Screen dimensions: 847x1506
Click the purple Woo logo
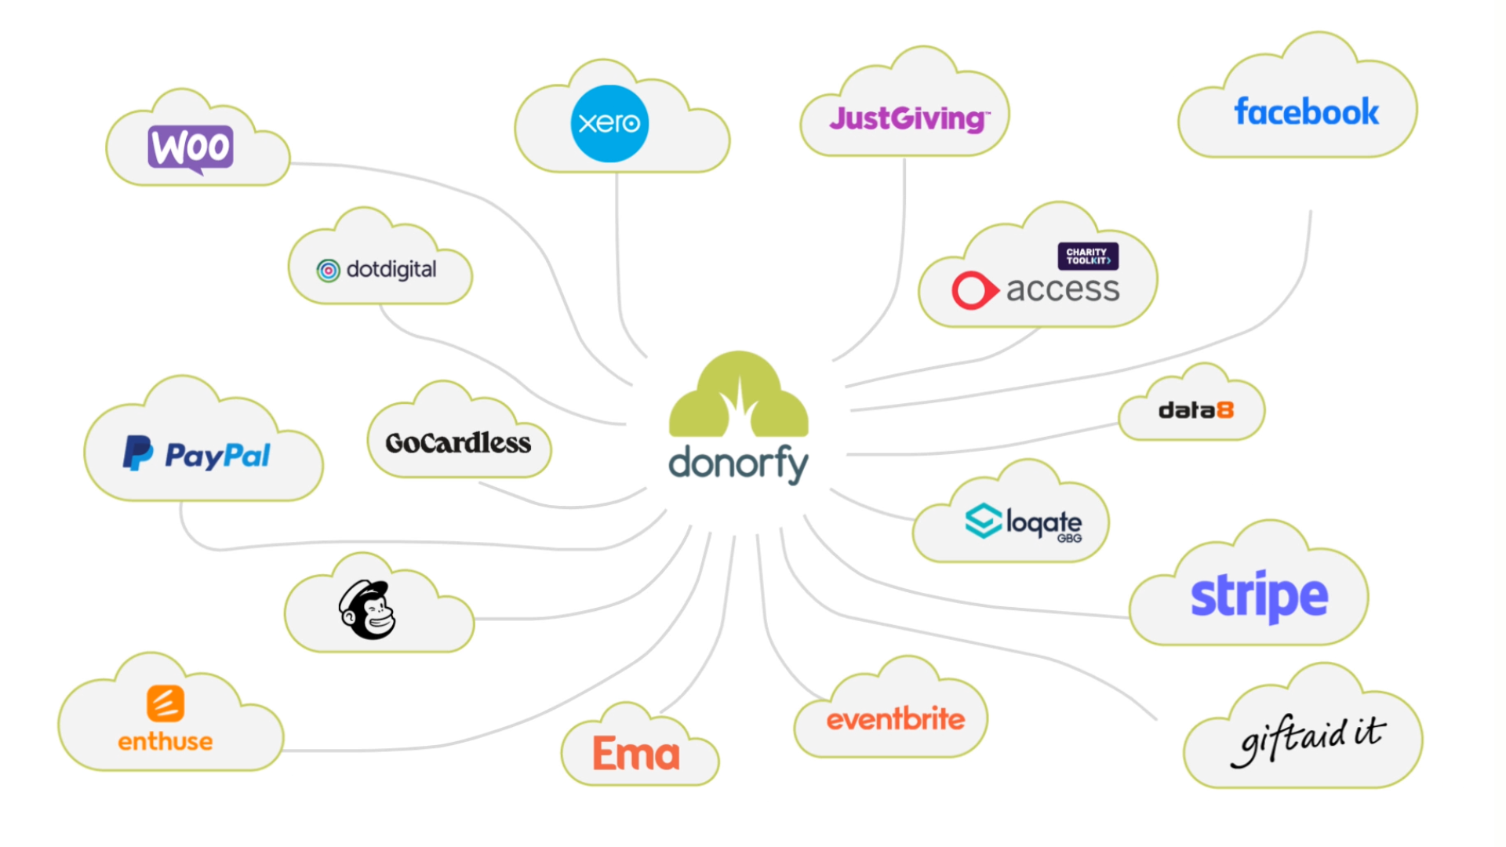(x=191, y=147)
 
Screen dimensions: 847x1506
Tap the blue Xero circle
(x=609, y=123)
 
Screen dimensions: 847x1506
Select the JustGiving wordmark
(x=908, y=119)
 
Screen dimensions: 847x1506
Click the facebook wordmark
(x=1306, y=112)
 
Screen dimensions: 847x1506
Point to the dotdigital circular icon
(x=328, y=271)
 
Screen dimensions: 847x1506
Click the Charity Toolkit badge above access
(x=1088, y=256)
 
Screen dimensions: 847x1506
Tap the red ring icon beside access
(x=973, y=290)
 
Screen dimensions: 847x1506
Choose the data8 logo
(x=1195, y=410)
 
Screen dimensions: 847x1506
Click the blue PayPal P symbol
(x=137, y=453)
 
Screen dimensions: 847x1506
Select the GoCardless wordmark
(x=458, y=443)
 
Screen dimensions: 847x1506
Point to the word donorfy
(x=738, y=463)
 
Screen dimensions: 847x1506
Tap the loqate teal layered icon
(x=983, y=521)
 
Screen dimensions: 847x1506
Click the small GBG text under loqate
(x=1069, y=539)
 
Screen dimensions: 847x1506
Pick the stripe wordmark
(x=1259, y=596)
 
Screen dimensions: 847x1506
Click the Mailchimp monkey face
(x=369, y=610)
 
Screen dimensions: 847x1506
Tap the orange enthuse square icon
(x=166, y=703)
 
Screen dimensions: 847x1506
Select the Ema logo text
(x=636, y=754)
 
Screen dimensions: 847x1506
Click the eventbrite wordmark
(x=895, y=719)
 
